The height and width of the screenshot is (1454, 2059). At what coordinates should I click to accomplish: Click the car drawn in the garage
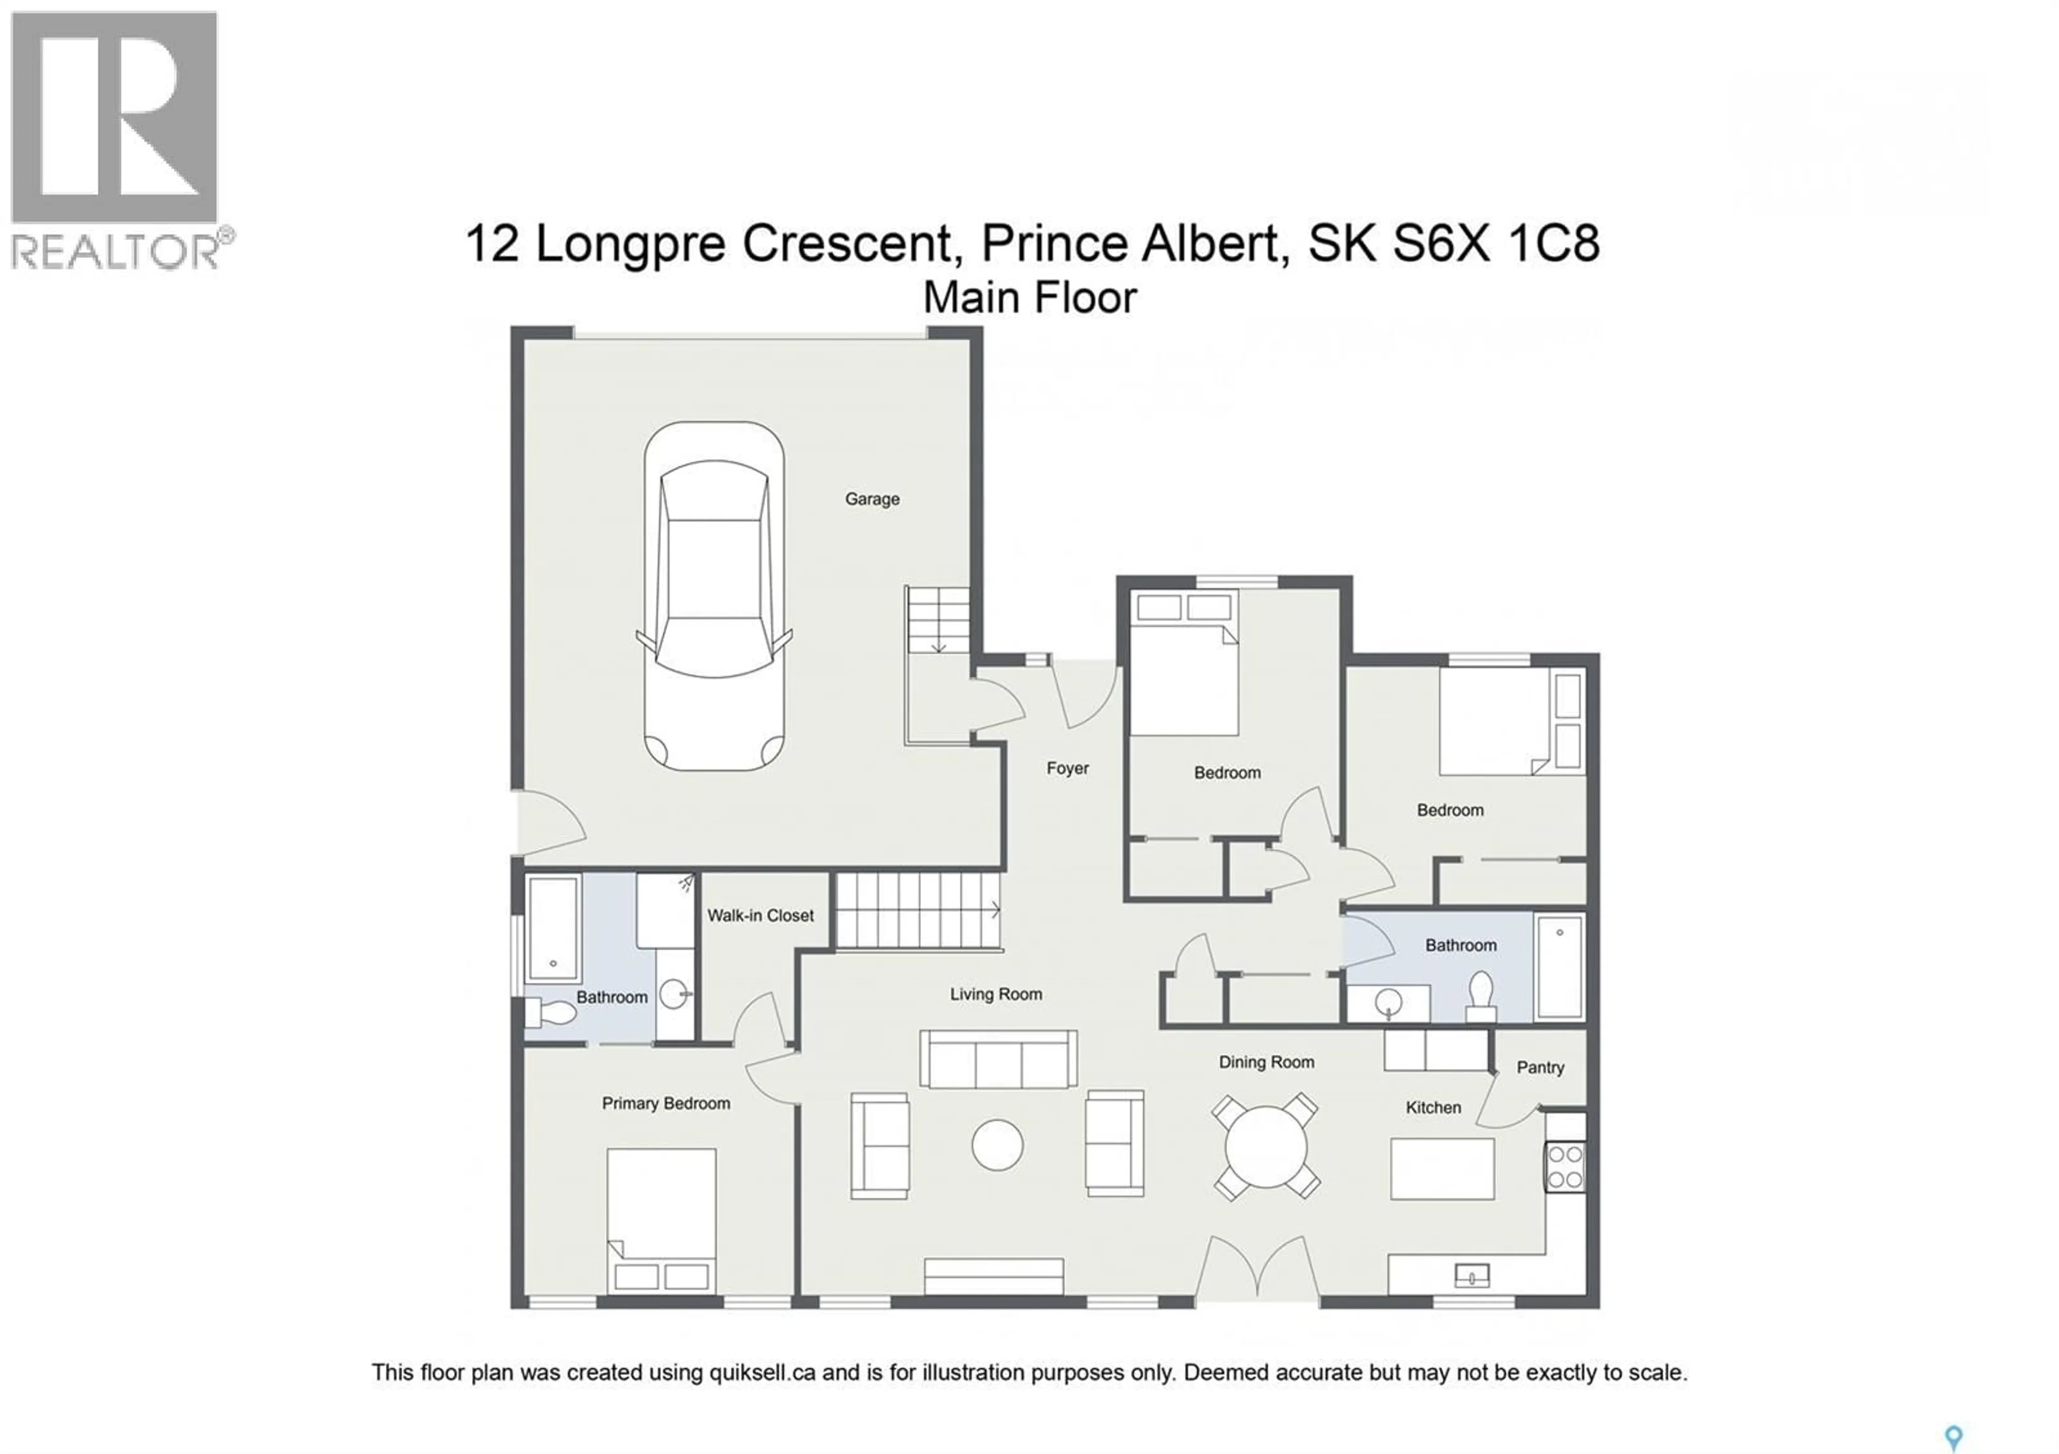(x=714, y=596)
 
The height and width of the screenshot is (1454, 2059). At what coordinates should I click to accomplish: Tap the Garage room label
(x=872, y=499)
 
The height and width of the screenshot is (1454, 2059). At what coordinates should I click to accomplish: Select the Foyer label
(x=1067, y=768)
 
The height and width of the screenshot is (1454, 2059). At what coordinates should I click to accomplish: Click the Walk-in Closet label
(x=760, y=915)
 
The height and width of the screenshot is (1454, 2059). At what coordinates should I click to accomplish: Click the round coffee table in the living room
(x=997, y=1145)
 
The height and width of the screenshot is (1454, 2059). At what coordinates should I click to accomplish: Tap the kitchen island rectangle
(x=1442, y=1169)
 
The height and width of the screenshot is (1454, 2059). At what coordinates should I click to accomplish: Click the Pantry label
(x=1540, y=1067)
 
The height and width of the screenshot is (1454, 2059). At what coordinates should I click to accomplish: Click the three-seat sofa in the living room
(x=998, y=1059)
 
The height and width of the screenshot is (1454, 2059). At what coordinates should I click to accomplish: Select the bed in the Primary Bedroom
(x=661, y=1219)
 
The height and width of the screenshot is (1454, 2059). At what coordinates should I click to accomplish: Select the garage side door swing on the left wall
(x=549, y=823)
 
